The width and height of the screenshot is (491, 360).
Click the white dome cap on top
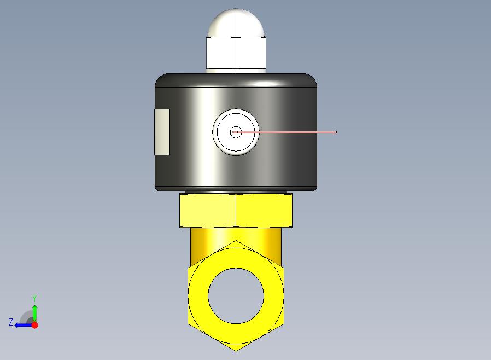[x=236, y=22]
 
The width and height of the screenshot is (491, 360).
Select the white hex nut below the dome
[x=236, y=53]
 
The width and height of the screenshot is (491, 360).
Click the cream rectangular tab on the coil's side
[x=162, y=132]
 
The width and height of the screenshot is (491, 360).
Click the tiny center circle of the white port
[x=236, y=132]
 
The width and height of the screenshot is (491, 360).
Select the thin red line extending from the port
[x=285, y=132]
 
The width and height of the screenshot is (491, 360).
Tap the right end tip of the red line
[x=337, y=132]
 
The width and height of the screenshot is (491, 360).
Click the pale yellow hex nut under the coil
[x=236, y=210]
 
